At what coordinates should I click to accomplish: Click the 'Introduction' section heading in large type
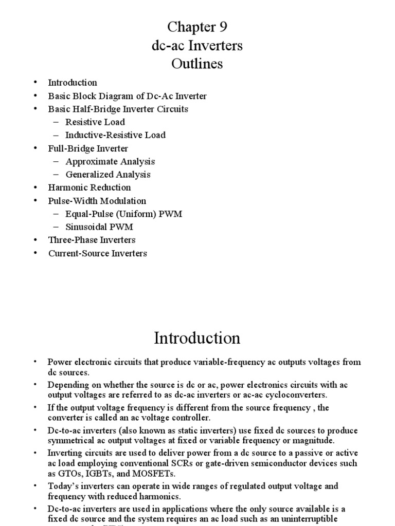(197, 338)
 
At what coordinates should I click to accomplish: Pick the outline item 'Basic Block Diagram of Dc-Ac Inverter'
(127, 96)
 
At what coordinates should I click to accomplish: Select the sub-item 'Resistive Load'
(95, 122)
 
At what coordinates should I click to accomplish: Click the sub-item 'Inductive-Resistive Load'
(115, 135)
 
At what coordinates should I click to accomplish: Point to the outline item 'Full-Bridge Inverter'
(88, 148)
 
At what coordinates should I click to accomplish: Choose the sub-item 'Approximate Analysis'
(110, 161)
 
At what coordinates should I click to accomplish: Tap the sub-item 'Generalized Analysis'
(108, 174)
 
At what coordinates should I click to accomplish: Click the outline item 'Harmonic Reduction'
(89, 187)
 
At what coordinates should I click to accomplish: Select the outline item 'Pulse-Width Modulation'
(97, 201)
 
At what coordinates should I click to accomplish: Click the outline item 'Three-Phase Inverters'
(92, 240)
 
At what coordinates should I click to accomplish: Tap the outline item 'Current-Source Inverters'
(98, 253)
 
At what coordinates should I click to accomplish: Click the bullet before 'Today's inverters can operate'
(35, 485)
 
